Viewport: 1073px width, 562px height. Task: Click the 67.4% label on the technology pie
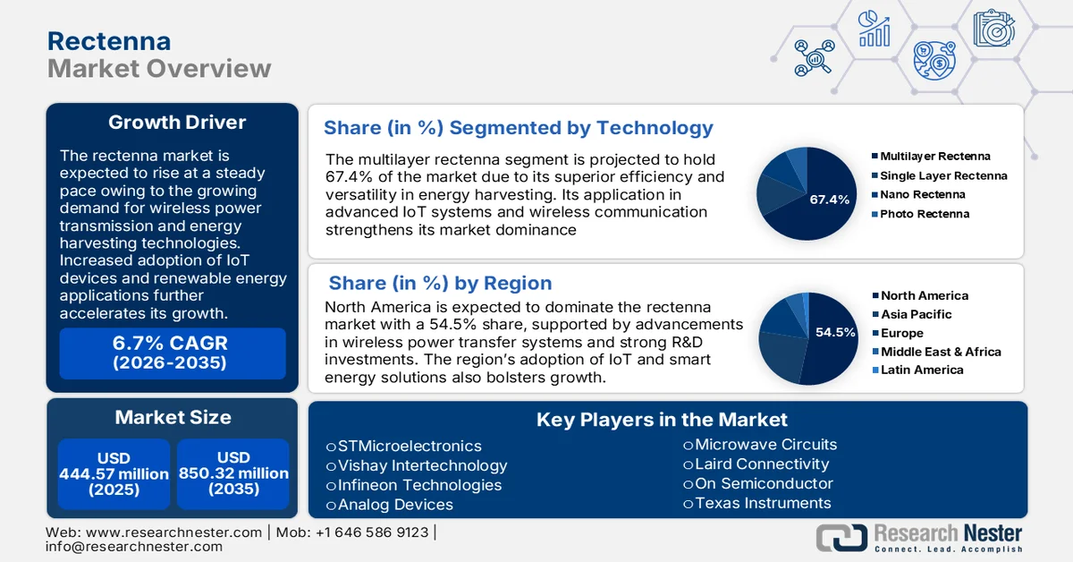coord(829,200)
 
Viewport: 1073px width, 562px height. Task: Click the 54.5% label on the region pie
coord(835,332)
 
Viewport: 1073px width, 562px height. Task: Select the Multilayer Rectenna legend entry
coord(934,157)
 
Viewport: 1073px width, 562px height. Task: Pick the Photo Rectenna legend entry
coord(924,214)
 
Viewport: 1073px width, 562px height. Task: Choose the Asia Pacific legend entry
coord(916,314)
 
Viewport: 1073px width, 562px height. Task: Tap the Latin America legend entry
coord(921,370)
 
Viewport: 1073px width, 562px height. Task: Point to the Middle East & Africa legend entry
coord(940,352)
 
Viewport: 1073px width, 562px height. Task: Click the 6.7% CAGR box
coord(172,353)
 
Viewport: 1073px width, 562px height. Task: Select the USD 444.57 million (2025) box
coord(114,474)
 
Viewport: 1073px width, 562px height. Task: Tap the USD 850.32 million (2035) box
coord(233,474)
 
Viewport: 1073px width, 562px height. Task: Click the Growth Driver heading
coord(176,123)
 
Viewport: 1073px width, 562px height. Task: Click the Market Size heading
coord(173,417)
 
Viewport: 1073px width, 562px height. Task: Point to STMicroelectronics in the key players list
coord(409,446)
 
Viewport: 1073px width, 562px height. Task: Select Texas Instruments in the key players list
coord(762,503)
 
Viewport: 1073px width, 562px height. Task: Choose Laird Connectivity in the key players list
coord(761,464)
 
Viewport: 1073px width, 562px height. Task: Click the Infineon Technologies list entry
coord(419,485)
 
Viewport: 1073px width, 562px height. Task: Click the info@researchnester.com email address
coord(133,547)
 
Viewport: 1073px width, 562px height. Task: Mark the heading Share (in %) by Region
coord(440,284)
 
